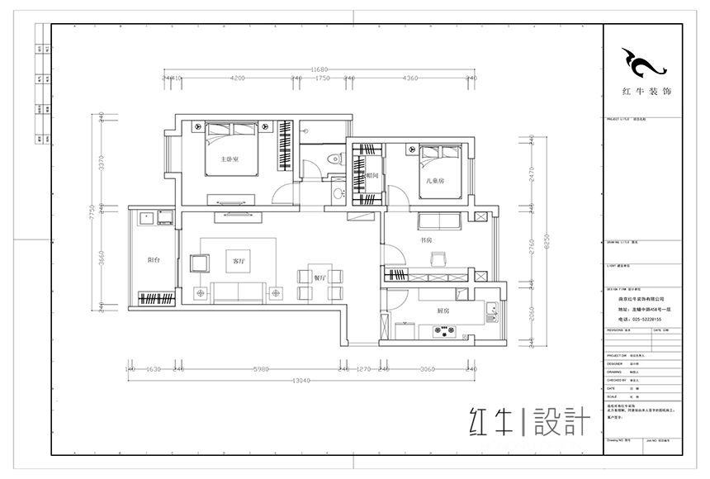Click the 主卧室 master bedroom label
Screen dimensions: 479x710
pos(230,159)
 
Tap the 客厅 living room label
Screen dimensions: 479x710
pos(239,261)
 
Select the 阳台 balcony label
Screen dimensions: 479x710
pos(154,260)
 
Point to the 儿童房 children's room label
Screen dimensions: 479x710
pos(435,179)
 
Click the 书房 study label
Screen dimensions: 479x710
pos(427,240)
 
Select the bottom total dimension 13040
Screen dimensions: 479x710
pos(306,382)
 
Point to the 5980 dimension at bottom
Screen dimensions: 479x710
pos(263,369)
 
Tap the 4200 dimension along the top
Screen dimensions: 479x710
pos(237,78)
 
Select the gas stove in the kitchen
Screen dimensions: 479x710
pos(447,332)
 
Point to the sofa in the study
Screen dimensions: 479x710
pos(439,221)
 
